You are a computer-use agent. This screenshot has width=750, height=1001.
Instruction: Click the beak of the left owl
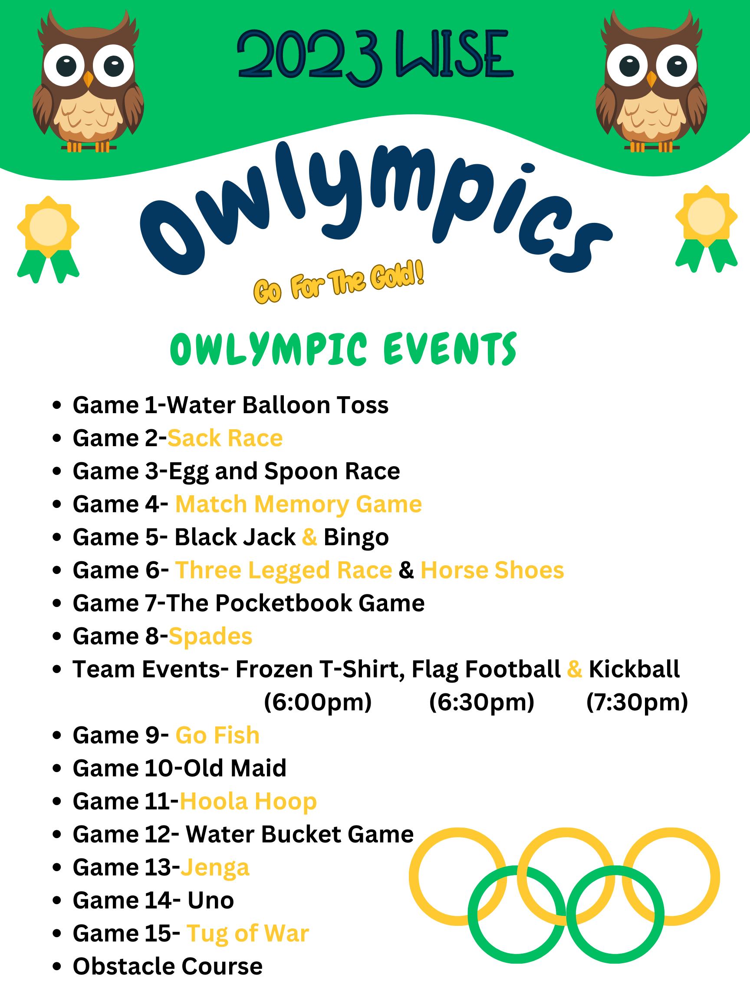(88, 79)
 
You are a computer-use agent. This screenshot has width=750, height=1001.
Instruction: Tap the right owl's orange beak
(651, 79)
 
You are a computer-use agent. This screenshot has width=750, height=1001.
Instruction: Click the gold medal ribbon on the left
(48, 239)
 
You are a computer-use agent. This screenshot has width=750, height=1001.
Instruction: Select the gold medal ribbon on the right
(706, 229)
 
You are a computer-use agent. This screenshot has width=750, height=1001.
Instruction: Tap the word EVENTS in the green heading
(450, 348)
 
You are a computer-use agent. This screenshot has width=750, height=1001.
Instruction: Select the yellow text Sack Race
(225, 438)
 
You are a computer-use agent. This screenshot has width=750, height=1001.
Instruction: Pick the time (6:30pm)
(481, 703)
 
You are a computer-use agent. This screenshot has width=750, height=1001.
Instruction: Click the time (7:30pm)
(637, 703)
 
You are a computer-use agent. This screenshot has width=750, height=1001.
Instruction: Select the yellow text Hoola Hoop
(248, 802)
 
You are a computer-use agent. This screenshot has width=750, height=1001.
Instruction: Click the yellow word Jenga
(215, 868)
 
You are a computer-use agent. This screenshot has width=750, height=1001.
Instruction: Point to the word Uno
(211, 901)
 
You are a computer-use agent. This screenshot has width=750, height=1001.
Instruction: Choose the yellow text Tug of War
(248, 934)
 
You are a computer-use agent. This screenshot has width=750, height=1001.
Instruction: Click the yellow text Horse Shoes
(492, 570)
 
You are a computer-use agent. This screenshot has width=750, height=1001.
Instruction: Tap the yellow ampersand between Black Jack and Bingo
(309, 537)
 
